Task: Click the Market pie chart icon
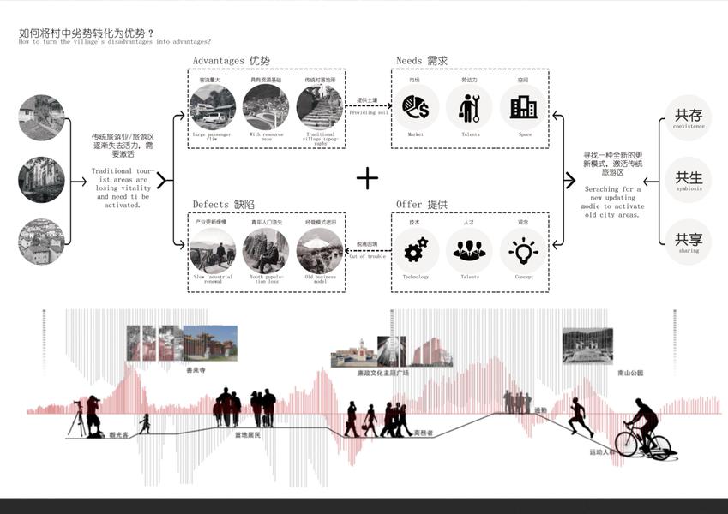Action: coord(416,107)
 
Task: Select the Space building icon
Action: coord(523,107)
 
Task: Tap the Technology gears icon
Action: coord(416,250)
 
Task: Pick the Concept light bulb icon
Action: coord(523,250)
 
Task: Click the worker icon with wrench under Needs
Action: coord(469,107)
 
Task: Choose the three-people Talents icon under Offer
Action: coord(469,250)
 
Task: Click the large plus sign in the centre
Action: coord(367,178)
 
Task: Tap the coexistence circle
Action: coord(688,118)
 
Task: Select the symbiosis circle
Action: coord(688,180)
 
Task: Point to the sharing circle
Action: coord(688,241)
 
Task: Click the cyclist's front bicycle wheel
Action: coord(655,445)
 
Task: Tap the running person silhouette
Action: coord(577,418)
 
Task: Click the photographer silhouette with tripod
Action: coord(89,418)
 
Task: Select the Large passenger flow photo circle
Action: coord(211,107)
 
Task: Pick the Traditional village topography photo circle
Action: coord(319,107)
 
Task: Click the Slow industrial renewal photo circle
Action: coord(211,250)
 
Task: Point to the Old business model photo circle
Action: coord(319,250)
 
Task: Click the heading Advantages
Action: coord(220,61)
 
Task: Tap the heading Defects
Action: coord(211,205)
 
